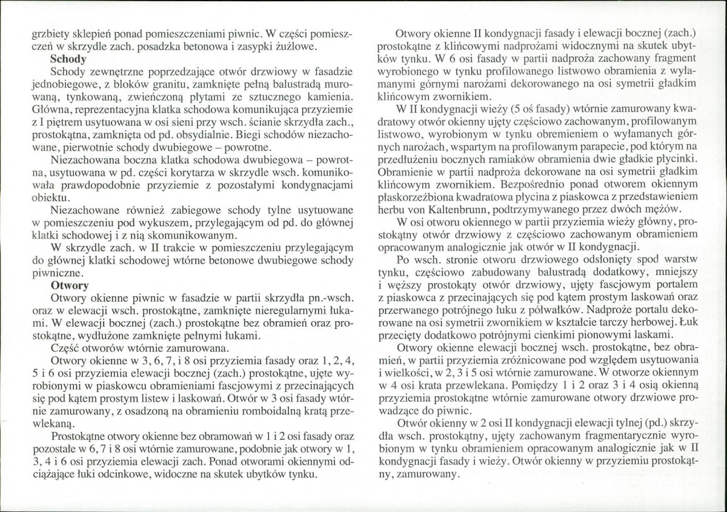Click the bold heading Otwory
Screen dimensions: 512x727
[x=70, y=285]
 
